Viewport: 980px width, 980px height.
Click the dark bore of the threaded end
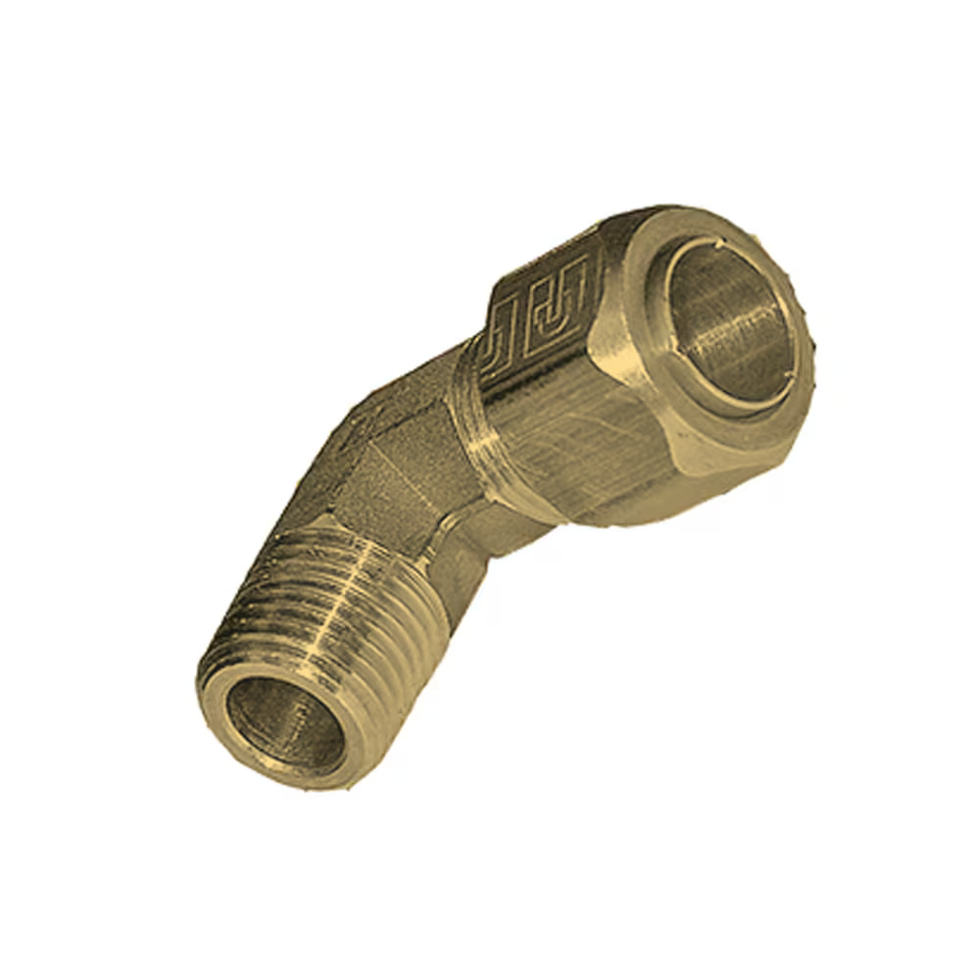point(284,725)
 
